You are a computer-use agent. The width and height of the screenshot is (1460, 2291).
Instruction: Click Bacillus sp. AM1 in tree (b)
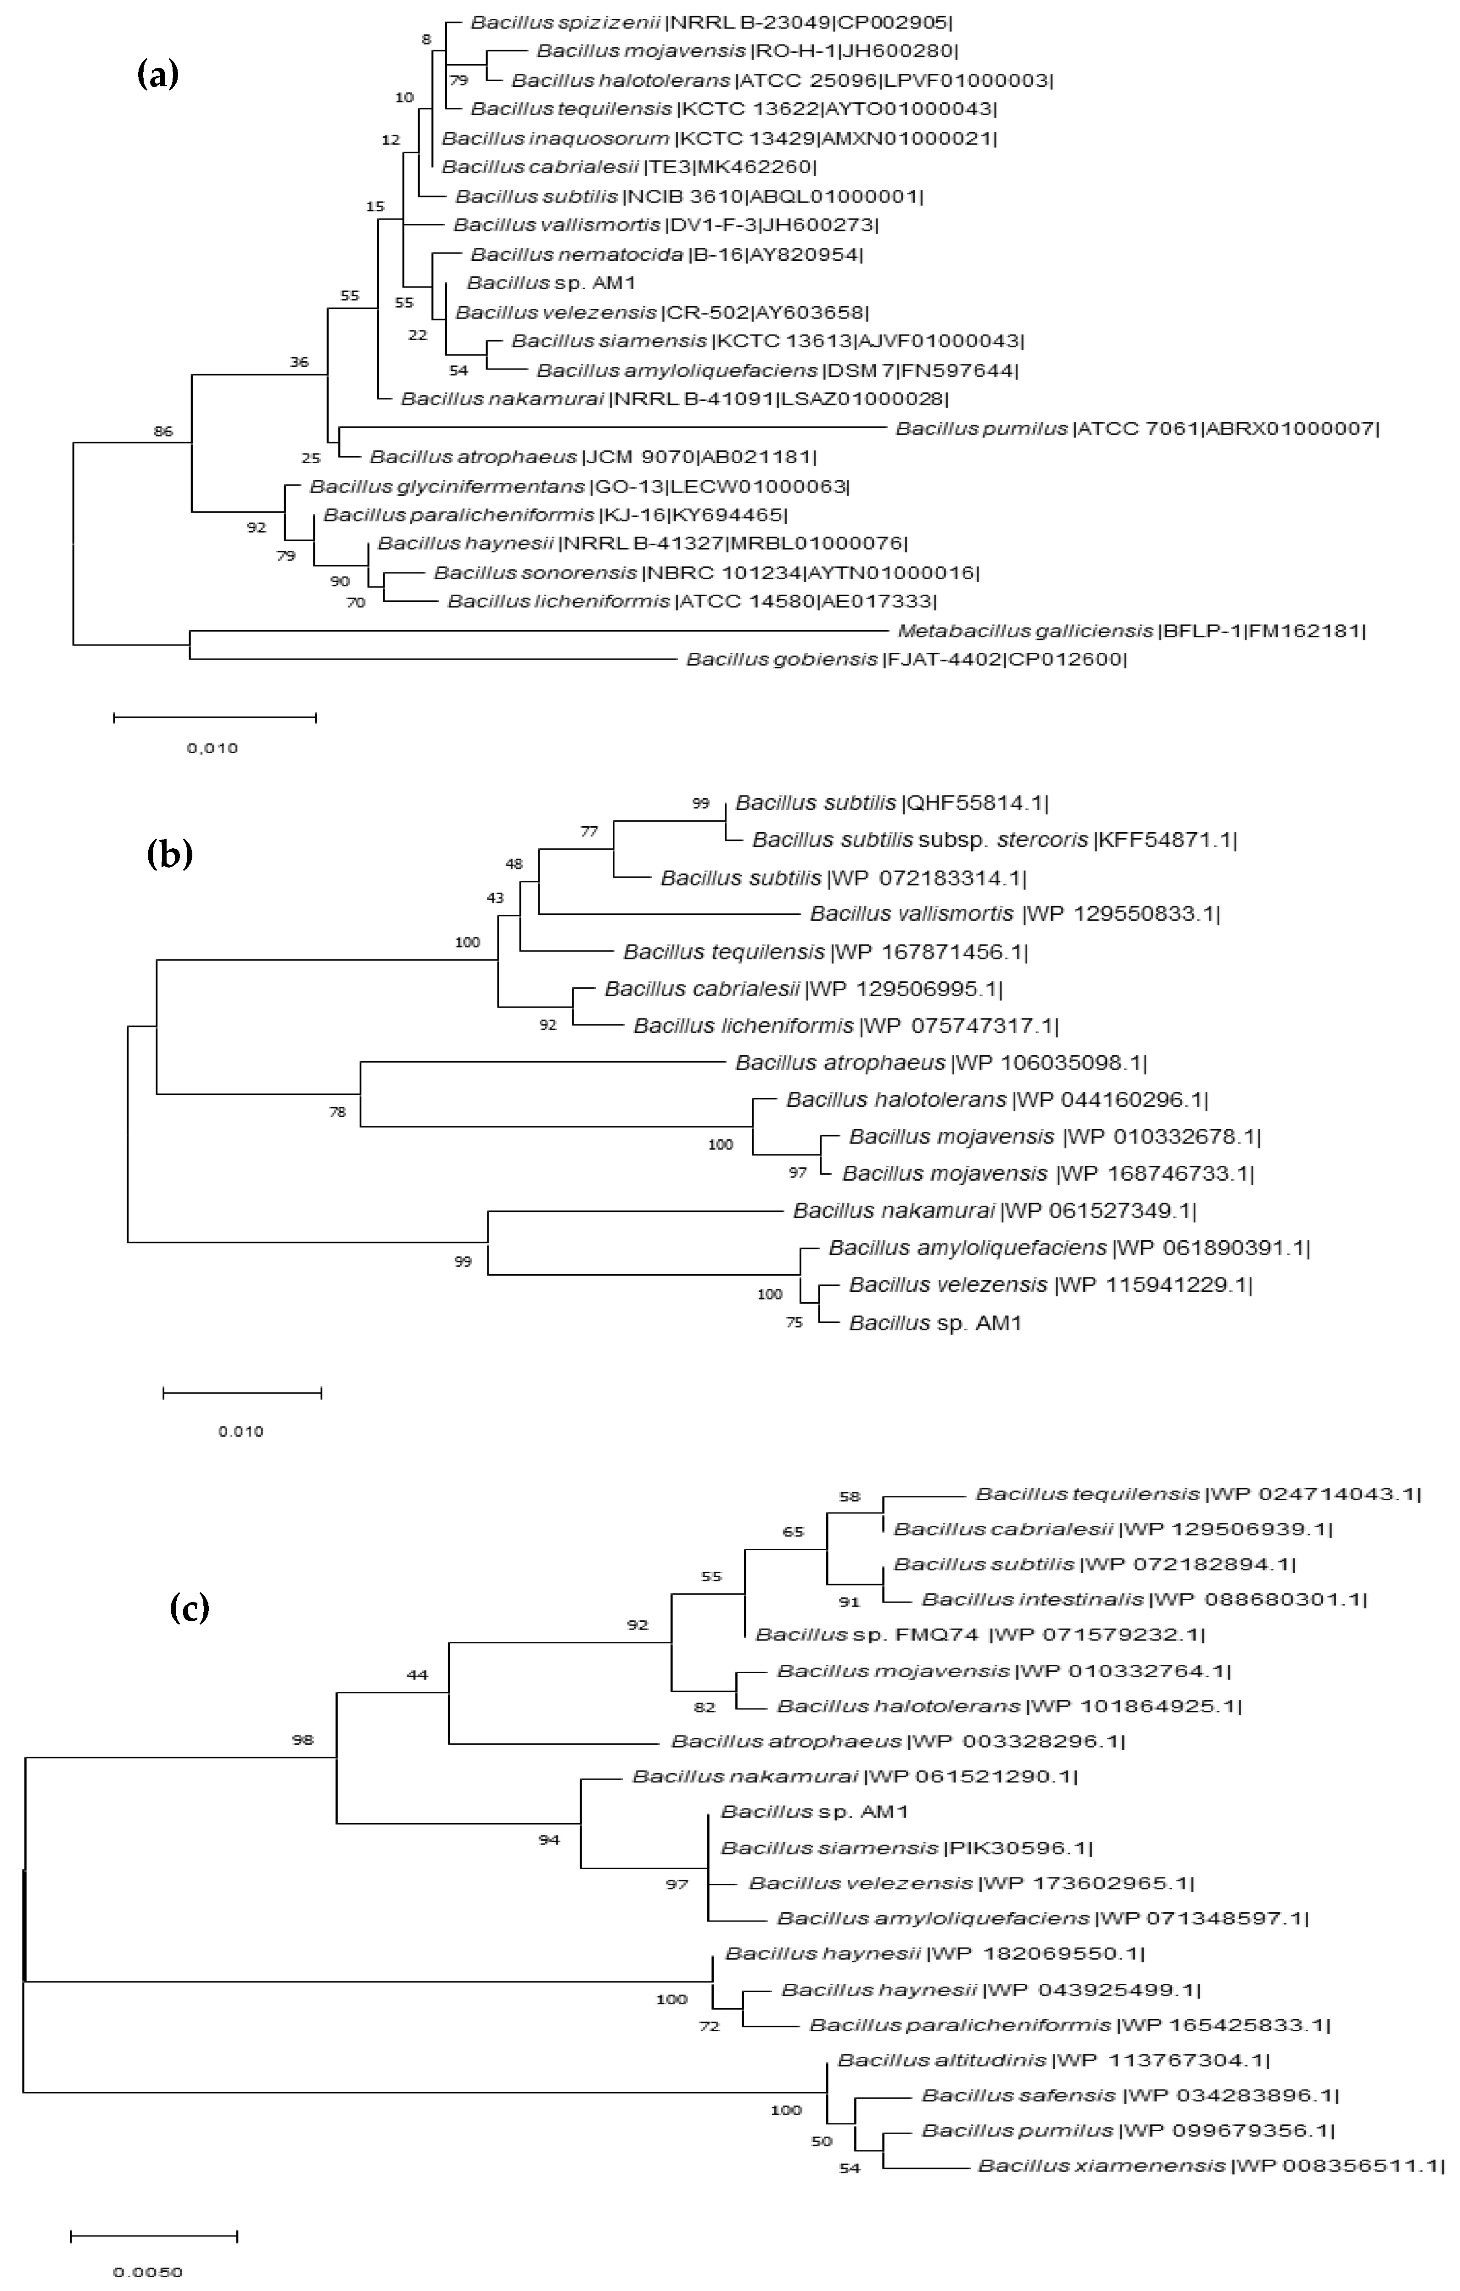pos(935,1322)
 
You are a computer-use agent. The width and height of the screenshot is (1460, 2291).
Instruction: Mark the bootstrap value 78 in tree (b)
pos(338,1111)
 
